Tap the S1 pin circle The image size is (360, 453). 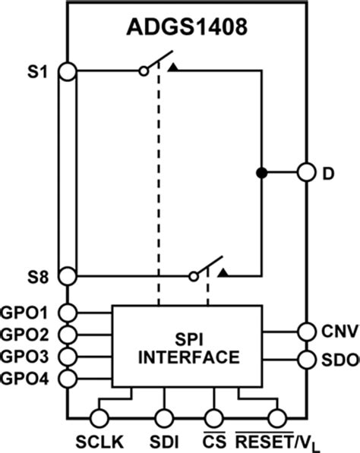(67, 71)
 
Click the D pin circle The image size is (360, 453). (305, 173)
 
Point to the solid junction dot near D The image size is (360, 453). (261, 173)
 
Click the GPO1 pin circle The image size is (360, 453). (67, 312)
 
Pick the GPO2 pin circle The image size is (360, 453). (67, 334)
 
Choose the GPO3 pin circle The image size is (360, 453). (67, 356)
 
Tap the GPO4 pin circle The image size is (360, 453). (67, 378)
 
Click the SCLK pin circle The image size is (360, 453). (98, 417)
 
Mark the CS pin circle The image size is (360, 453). (213, 417)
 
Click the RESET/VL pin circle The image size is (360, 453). (277, 417)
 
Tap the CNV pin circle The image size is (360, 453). (305, 332)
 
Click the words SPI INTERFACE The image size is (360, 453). (187, 348)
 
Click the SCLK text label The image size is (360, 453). (97, 442)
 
